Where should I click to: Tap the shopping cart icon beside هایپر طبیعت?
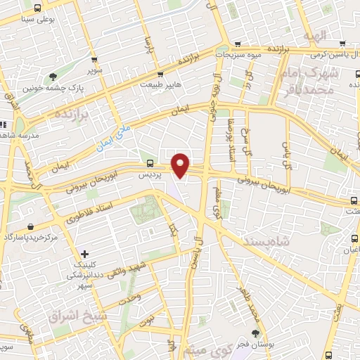[x=160, y=74]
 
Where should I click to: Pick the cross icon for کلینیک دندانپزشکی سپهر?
[x=84, y=253]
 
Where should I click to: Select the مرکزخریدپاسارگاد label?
[x=32, y=238]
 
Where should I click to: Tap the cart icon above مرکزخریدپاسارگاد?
[x=31, y=226]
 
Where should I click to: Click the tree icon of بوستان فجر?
[x=255, y=333]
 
